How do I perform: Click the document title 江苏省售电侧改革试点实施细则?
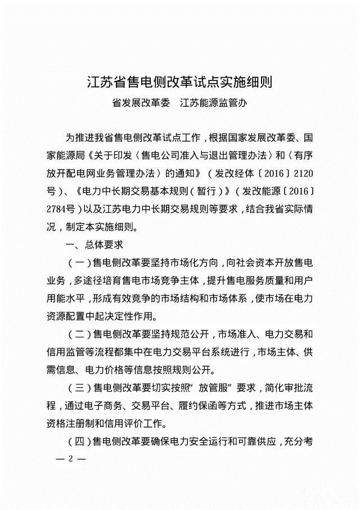[x=179, y=83]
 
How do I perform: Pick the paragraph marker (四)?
[x=77, y=440]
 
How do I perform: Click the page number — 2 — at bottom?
[x=71, y=458]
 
